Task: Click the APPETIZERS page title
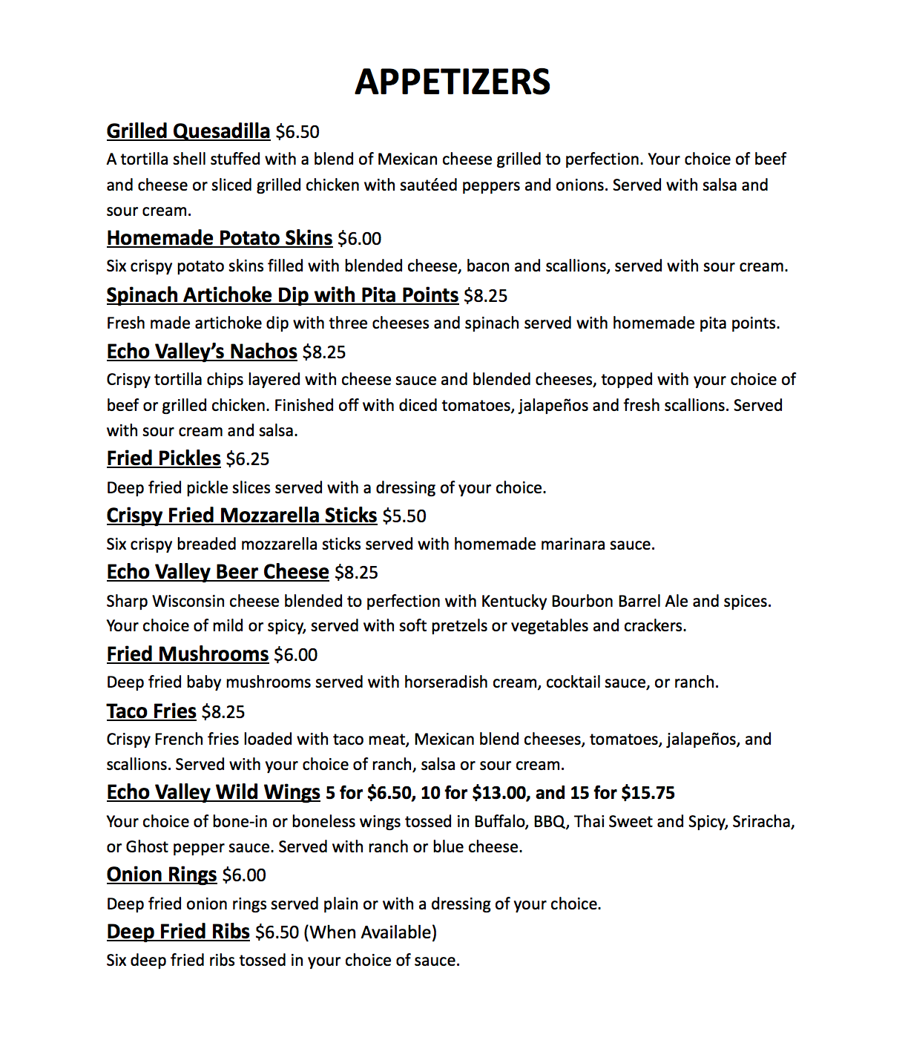[453, 82]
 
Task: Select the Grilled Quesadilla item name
[188, 131]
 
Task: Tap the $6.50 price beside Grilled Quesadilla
[297, 132]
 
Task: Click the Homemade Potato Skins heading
[219, 238]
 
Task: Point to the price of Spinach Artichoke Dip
[485, 296]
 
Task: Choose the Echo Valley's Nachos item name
[202, 352]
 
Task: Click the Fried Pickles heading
[163, 458]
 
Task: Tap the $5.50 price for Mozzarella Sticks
[404, 516]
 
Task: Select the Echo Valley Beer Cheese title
[217, 572]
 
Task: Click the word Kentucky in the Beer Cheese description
[513, 601]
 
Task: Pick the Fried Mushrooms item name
[187, 654]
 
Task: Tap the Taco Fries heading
[151, 711]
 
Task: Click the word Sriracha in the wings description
[763, 822]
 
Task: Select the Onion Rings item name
[162, 875]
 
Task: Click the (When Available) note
[370, 932]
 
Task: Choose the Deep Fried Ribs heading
[178, 932]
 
